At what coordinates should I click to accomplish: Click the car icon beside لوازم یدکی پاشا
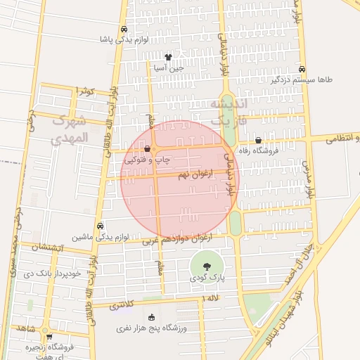tap(124, 30)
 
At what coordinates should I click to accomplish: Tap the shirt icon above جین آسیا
tap(168, 58)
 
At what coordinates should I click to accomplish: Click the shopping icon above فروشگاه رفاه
tap(259, 140)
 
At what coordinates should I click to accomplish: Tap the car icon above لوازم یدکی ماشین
tap(101, 226)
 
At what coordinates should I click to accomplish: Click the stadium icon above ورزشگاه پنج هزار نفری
tap(152, 317)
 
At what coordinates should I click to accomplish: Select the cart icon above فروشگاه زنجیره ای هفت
tap(46, 335)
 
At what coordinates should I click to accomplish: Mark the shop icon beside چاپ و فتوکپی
tap(147, 149)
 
